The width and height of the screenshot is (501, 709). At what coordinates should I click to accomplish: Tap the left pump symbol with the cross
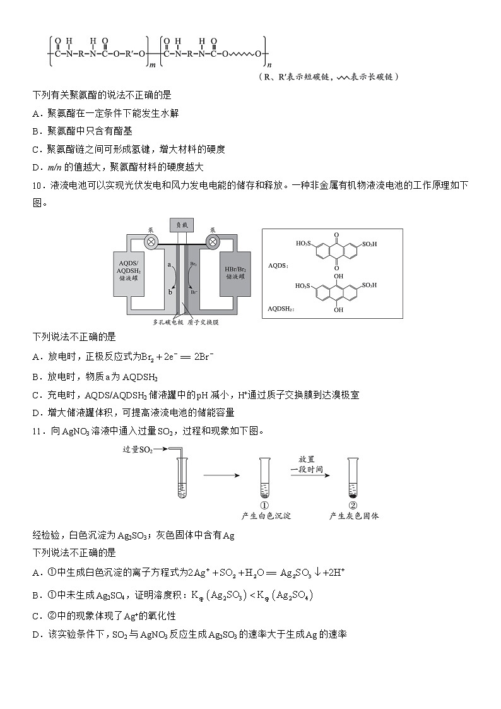click(x=151, y=241)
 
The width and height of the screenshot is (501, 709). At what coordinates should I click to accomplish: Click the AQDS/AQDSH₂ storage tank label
click(x=133, y=268)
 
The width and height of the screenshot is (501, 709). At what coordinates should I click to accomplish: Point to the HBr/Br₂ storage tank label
click(x=233, y=268)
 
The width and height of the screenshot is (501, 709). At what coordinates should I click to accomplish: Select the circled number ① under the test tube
click(x=265, y=505)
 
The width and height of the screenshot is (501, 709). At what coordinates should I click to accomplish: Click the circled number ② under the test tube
click(x=353, y=505)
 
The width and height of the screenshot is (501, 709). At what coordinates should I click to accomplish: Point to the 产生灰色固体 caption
click(x=354, y=516)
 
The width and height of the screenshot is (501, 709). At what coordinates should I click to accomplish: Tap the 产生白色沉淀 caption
click(x=266, y=516)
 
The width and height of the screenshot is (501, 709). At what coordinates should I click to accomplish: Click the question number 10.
click(x=37, y=185)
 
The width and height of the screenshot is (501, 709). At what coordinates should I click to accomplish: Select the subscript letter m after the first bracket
click(x=152, y=64)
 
